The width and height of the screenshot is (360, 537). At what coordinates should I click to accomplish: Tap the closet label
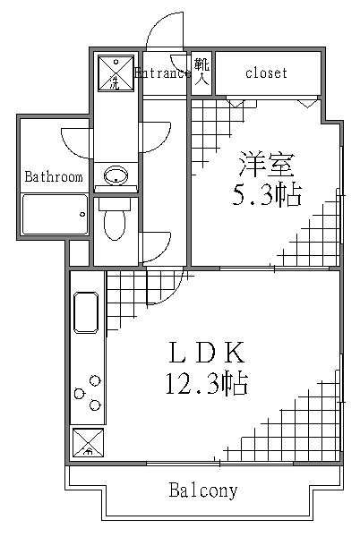[x=266, y=72]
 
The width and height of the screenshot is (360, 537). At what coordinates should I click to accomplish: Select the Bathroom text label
[x=53, y=177]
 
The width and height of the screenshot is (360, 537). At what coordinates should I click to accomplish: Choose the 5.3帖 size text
[x=267, y=194]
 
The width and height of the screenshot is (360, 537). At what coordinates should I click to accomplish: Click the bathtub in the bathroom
[x=54, y=215]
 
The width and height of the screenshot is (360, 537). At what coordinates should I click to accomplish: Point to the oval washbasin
[x=115, y=176]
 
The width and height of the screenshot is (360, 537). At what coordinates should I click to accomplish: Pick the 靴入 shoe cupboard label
[x=201, y=72]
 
